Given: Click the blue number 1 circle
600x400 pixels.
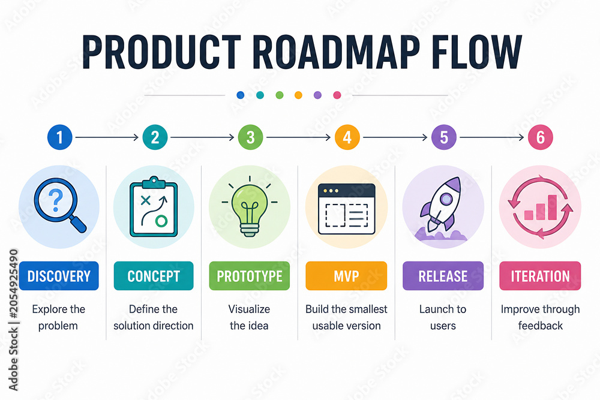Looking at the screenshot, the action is click(x=59, y=137).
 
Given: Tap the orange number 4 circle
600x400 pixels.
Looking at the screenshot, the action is click(x=347, y=137).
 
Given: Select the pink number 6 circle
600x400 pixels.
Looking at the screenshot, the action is click(x=541, y=137).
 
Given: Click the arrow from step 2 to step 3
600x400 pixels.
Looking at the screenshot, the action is click(x=202, y=137).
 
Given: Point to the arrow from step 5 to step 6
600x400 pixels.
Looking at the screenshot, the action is click(x=492, y=137).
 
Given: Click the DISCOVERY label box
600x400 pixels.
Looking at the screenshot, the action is click(x=59, y=276).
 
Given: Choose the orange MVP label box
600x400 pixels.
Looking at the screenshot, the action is click(x=346, y=276).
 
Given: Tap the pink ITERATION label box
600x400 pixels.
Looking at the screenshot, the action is click(x=541, y=276).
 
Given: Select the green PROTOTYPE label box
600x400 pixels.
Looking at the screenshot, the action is click(x=250, y=276).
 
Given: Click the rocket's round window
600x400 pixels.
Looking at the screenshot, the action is click(x=446, y=199).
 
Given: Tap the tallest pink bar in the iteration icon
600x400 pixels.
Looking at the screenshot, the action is click(x=553, y=207).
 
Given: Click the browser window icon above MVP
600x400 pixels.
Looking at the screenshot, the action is click(x=347, y=209).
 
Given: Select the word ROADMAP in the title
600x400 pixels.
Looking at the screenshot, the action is click(x=336, y=52).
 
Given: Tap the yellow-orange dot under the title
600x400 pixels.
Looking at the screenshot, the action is click(x=298, y=95).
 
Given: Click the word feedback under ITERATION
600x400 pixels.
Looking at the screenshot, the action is click(x=541, y=326).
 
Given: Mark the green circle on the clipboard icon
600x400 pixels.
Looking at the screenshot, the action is click(x=161, y=221).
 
